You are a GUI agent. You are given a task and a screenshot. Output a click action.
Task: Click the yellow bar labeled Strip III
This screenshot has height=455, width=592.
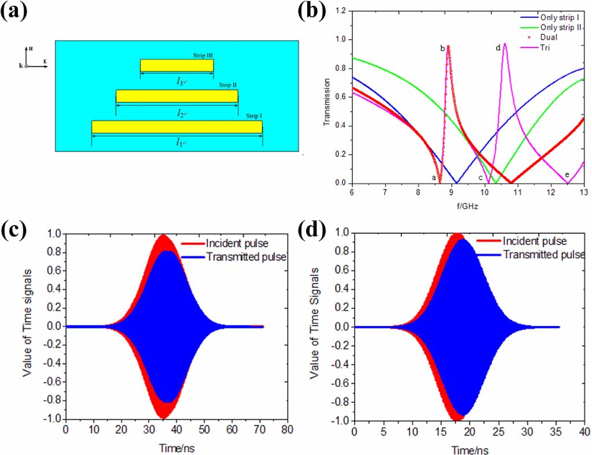(x=177, y=66)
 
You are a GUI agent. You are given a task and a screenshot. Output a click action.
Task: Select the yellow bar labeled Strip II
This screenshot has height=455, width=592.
(x=177, y=96)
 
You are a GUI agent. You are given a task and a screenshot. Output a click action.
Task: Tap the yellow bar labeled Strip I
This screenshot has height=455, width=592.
(x=177, y=126)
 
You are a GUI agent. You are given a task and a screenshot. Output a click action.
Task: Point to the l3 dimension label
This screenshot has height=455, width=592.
(x=181, y=82)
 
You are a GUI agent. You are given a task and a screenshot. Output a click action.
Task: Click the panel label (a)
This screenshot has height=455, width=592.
(x=16, y=13)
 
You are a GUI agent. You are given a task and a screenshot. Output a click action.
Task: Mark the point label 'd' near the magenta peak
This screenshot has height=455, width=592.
(x=498, y=48)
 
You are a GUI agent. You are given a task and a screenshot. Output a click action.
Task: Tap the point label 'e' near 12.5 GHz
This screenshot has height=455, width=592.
(x=567, y=174)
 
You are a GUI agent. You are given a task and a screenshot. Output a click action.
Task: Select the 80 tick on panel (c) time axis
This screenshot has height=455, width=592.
(x=287, y=430)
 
